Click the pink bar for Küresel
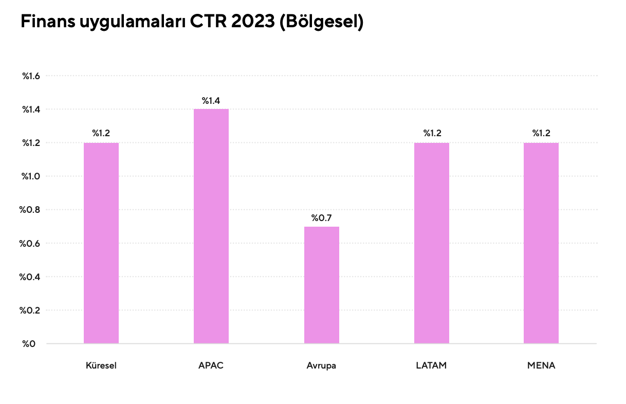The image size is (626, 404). pos(101,243)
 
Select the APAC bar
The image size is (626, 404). pos(211,226)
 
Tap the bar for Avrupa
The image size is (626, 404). pos(322,285)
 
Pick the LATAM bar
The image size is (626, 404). pos(432,243)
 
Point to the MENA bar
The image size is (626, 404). pos(541,243)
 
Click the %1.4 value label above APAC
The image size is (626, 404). pos(211,101)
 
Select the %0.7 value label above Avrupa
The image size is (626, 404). pos(322,218)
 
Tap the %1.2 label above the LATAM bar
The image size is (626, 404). pos(432,134)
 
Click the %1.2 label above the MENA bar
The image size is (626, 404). pos(541,134)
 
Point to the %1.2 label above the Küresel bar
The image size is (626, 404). pos(101,134)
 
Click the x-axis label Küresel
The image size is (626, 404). pos(101,366)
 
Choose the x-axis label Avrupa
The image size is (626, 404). pos(321,366)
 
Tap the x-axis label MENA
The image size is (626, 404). pos(541,366)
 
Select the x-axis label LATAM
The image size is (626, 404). pos(432,366)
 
